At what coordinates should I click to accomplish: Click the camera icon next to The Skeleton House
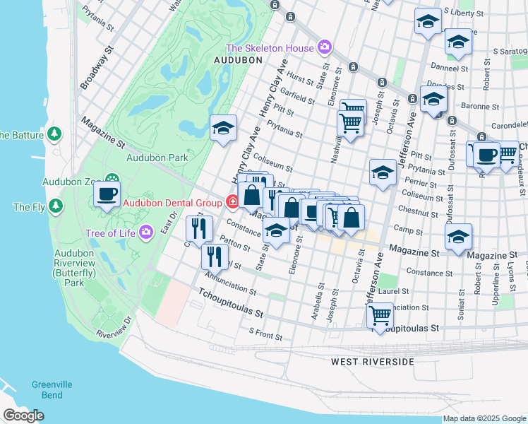325,48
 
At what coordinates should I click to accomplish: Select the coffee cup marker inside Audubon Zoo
107,194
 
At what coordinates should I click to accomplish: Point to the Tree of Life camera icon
146,232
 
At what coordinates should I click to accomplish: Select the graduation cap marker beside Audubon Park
223,128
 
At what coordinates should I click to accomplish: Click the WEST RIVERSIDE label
372,362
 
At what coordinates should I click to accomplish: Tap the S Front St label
265,330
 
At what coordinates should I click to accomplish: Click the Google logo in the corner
24,416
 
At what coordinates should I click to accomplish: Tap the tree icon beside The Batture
54,134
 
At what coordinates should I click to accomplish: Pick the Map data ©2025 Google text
484,418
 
